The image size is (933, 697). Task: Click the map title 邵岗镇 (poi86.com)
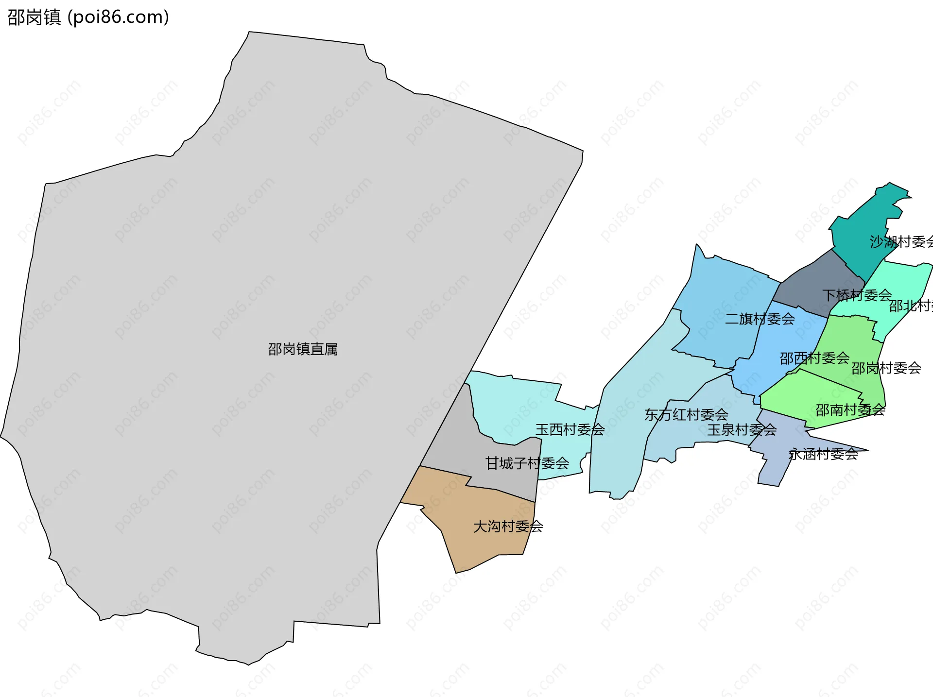coord(88,17)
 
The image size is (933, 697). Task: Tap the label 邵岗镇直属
coord(303,349)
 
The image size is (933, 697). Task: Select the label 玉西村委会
coord(570,429)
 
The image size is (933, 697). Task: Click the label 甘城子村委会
coord(527,463)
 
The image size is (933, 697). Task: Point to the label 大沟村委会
coord(508,527)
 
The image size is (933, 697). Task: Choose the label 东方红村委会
coord(686,415)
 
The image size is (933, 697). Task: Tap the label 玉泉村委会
coord(742,430)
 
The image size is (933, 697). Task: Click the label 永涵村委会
coord(823,454)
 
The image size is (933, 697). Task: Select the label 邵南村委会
coord(850,410)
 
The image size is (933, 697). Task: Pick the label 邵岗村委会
coord(886,368)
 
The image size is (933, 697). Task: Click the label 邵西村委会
coord(814,358)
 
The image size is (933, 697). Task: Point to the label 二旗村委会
coord(760,319)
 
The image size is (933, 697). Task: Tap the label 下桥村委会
coord(857,295)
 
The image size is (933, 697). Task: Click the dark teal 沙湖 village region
coord(860,228)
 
